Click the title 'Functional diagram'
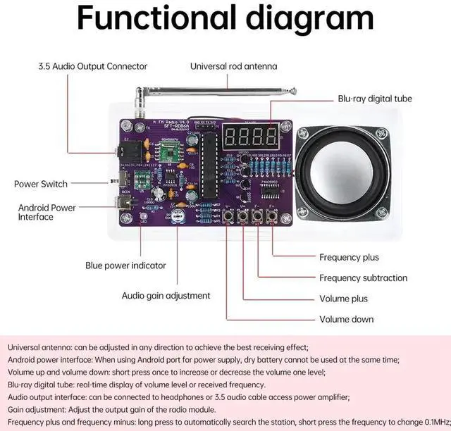225,19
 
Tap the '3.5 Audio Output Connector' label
92,66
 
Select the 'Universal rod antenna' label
233,66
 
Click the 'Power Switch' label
41,184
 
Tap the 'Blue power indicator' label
125,266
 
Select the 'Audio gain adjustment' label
166,296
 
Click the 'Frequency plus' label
349,258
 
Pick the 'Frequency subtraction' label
363,278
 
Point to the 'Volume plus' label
343,299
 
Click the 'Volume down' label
346,319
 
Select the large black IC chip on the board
209,166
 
